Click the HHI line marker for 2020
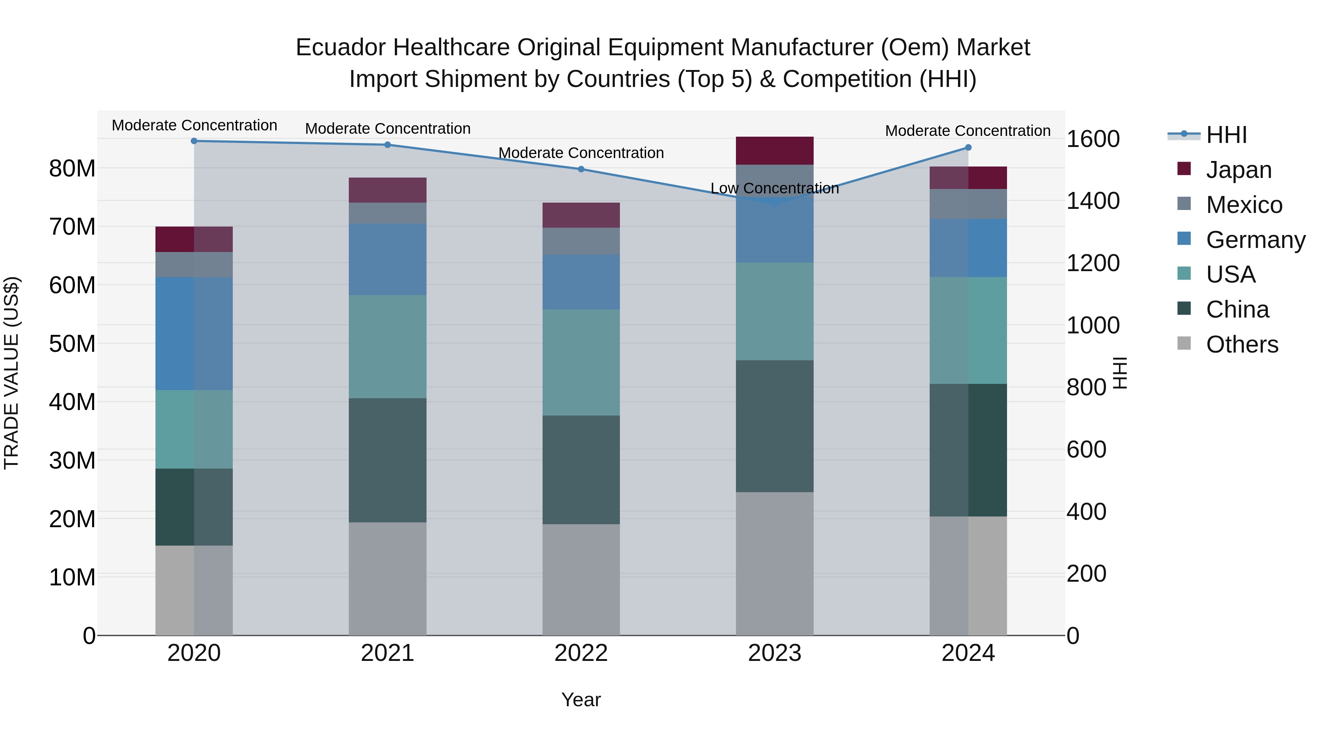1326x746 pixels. pyautogui.click(x=194, y=141)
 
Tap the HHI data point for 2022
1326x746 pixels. pyautogui.click(x=581, y=169)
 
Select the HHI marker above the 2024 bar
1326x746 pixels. pyautogui.click(x=968, y=147)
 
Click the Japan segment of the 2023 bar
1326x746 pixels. pyautogui.click(x=775, y=150)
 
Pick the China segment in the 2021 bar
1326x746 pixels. pyautogui.click(x=387, y=460)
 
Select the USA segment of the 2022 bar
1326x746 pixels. pyautogui.click(x=581, y=363)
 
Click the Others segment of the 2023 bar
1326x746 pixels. pyautogui.click(x=775, y=563)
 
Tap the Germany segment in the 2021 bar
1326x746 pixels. pyautogui.click(x=387, y=259)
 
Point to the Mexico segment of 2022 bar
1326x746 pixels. pyautogui.click(x=581, y=241)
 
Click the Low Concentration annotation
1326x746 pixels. pyautogui.click(x=775, y=188)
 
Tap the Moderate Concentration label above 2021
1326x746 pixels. pyautogui.click(x=387, y=128)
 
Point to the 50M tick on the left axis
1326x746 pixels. pyautogui.click(x=72, y=343)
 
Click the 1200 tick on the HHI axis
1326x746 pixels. pyautogui.click(x=1093, y=263)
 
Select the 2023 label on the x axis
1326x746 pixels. pyautogui.click(x=775, y=653)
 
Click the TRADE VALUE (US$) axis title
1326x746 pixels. pyautogui.click(x=11, y=373)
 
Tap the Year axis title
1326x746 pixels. pyautogui.click(x=581, y=700)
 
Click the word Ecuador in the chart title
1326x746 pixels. pyautogui.click(x=340, y=48)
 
